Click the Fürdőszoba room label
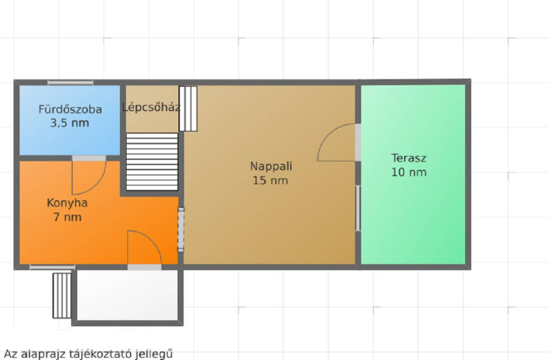[70, 109]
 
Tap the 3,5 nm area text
[70, 123]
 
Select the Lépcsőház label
[151, 107]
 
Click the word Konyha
[67, 203]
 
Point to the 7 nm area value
[68, 217]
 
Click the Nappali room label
[271, 166]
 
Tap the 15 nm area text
[270, 181]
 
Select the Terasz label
[409, 158]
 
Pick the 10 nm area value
[409, 172]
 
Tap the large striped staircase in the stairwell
[152, 162]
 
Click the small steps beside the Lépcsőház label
[188, 109]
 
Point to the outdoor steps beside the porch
[62, 296]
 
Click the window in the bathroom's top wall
[70, 82]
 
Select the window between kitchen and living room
[181, 230]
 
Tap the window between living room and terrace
[358, 208]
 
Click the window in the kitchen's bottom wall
[53, 267]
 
